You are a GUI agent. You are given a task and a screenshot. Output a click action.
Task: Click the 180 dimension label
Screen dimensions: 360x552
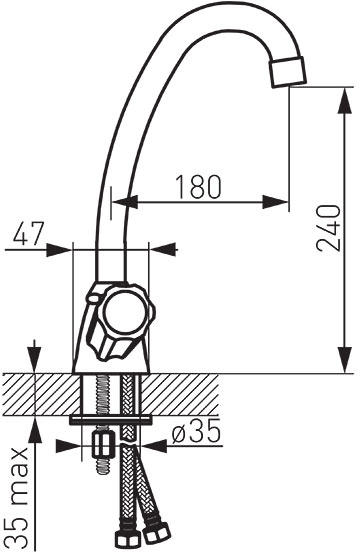(x=198, y=187)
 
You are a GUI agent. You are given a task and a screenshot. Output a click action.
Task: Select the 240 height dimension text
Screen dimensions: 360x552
(x=329, y=228)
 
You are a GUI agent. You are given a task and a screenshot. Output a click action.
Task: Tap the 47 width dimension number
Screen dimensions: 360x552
(x=29, y=233)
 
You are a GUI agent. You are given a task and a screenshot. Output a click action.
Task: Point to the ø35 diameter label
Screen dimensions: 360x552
(x=196, y=431)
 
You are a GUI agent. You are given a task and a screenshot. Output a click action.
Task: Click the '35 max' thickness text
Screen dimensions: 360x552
(x=18, y=497)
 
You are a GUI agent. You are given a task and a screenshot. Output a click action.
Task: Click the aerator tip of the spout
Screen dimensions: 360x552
(x=288, y=71)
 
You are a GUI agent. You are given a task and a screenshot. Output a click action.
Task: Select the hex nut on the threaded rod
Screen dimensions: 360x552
(x=103, y=445)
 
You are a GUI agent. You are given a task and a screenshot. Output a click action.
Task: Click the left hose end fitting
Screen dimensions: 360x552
(x=124, y=540)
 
